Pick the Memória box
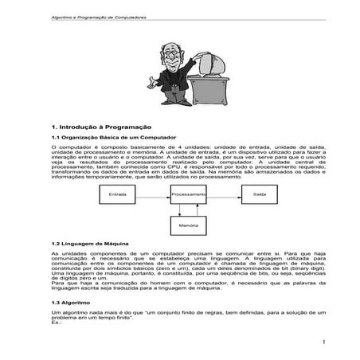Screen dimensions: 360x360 point(189,225)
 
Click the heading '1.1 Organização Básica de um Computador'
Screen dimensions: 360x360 point(107,139)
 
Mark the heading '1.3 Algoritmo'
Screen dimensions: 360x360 point(68,303)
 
